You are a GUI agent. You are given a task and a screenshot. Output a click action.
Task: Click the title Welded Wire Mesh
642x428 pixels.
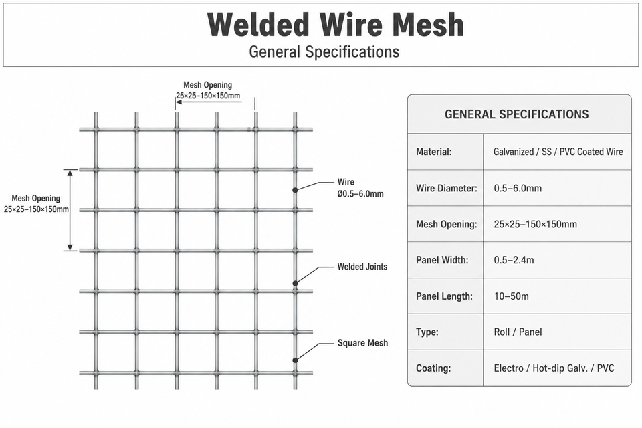[x=335, y=25]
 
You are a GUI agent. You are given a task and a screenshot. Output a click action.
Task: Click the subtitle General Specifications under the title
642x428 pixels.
[x=324, y=52]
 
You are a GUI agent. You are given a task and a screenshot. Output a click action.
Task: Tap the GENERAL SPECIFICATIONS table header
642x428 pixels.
[x=517, y=114]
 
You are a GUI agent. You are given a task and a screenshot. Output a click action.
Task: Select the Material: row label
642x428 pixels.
[x=433, y=152]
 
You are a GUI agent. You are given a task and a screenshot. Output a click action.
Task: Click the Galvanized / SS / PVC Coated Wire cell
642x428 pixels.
[x=558, y=152]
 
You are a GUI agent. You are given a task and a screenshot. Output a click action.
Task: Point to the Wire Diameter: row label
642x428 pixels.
[x=447, y=188]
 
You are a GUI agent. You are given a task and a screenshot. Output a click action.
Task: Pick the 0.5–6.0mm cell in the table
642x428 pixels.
[x=518, y=188]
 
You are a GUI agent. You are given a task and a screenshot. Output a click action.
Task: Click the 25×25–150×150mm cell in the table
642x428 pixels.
[x=535, y=224]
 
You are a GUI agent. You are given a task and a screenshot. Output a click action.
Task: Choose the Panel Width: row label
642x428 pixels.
[x=442, y=260]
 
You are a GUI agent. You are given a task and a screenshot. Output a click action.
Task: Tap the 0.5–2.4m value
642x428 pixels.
[x=514, y=260]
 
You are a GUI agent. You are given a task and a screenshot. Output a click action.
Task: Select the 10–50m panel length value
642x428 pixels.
[x=511, y=296]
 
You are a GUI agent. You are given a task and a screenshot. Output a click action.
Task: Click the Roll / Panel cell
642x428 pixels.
[x=518, y=332]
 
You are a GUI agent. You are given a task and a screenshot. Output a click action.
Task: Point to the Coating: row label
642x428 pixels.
[x=433, y=368]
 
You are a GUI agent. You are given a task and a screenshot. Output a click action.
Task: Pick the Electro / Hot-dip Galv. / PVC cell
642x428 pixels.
[x=554, y=368]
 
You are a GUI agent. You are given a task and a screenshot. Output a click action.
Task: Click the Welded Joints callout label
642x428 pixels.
[x=362, y=267]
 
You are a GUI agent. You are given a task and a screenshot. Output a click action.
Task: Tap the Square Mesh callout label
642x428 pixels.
[x=362, y=343]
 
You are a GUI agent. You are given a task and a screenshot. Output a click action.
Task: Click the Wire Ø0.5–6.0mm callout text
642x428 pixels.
[x=360, y=187]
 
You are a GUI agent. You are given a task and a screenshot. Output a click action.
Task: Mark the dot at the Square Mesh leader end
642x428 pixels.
[x=295, y=360]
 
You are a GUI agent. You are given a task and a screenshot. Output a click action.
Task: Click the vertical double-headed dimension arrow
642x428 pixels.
[x=70, y=210]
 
